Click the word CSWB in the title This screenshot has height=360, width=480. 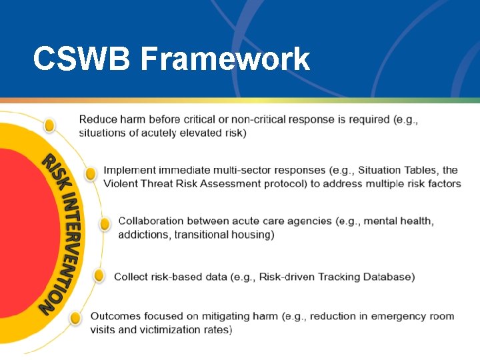(x=83, y=59)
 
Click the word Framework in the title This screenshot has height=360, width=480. (x=225, y=59)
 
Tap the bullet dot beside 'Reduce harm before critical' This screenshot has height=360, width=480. (x=49, y=125)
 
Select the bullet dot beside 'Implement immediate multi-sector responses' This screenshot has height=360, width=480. (x=91, y=174)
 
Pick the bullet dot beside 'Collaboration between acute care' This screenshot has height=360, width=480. (x=105, y=224)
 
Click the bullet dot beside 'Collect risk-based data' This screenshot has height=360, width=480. (x=99, y=275)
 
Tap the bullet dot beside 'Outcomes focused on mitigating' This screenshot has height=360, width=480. (x=75, y=319)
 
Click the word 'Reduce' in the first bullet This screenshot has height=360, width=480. (x=98, y=120)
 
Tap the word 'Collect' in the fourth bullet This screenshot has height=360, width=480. (x=131, y=277)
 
